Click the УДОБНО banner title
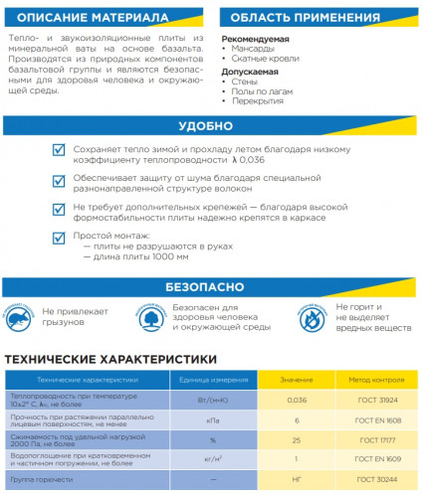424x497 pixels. [x=212, y=127]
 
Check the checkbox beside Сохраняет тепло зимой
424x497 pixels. [x=59, y=150]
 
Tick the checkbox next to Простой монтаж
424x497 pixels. [x=59, y=238]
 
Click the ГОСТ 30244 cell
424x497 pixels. [x=372, y=477]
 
